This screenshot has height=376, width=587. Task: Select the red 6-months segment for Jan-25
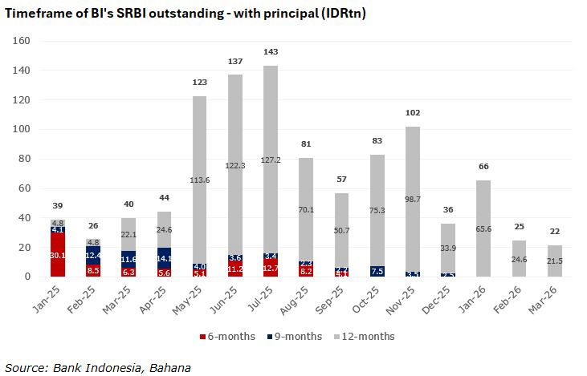pos(58,256)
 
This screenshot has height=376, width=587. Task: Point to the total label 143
pos(271,53)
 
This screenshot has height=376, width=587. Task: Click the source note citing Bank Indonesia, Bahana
pos(97,367)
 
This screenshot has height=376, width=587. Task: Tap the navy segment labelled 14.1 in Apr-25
pos(165,258)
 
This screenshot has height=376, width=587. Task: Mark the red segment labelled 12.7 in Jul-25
pos(271,268)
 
